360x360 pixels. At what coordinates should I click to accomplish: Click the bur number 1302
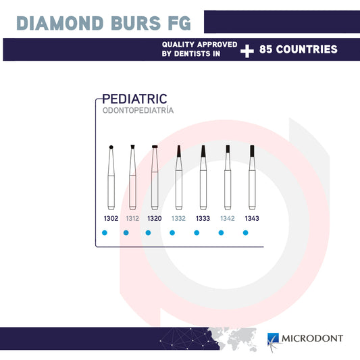point(111,219)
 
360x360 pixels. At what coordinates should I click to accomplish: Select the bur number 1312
point(132,219)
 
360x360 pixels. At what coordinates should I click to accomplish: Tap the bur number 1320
point(154,219)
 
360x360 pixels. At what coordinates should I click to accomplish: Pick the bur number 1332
point(178,219)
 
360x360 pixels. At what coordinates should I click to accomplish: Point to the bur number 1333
point(202,219)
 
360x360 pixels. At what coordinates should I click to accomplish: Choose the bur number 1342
point(227,219)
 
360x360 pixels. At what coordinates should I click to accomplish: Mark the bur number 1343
point(251,219)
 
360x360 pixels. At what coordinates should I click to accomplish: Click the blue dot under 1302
point(104,233)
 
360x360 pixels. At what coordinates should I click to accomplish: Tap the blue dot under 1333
point(197,233)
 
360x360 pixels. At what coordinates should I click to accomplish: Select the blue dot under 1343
point(245,233)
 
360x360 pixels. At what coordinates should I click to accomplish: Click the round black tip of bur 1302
point(111,147)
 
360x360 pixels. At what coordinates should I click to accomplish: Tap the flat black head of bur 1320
point(155,147)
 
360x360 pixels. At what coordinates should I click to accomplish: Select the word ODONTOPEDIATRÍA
point(138,110)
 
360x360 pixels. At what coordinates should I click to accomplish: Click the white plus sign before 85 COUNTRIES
point(248,50)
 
